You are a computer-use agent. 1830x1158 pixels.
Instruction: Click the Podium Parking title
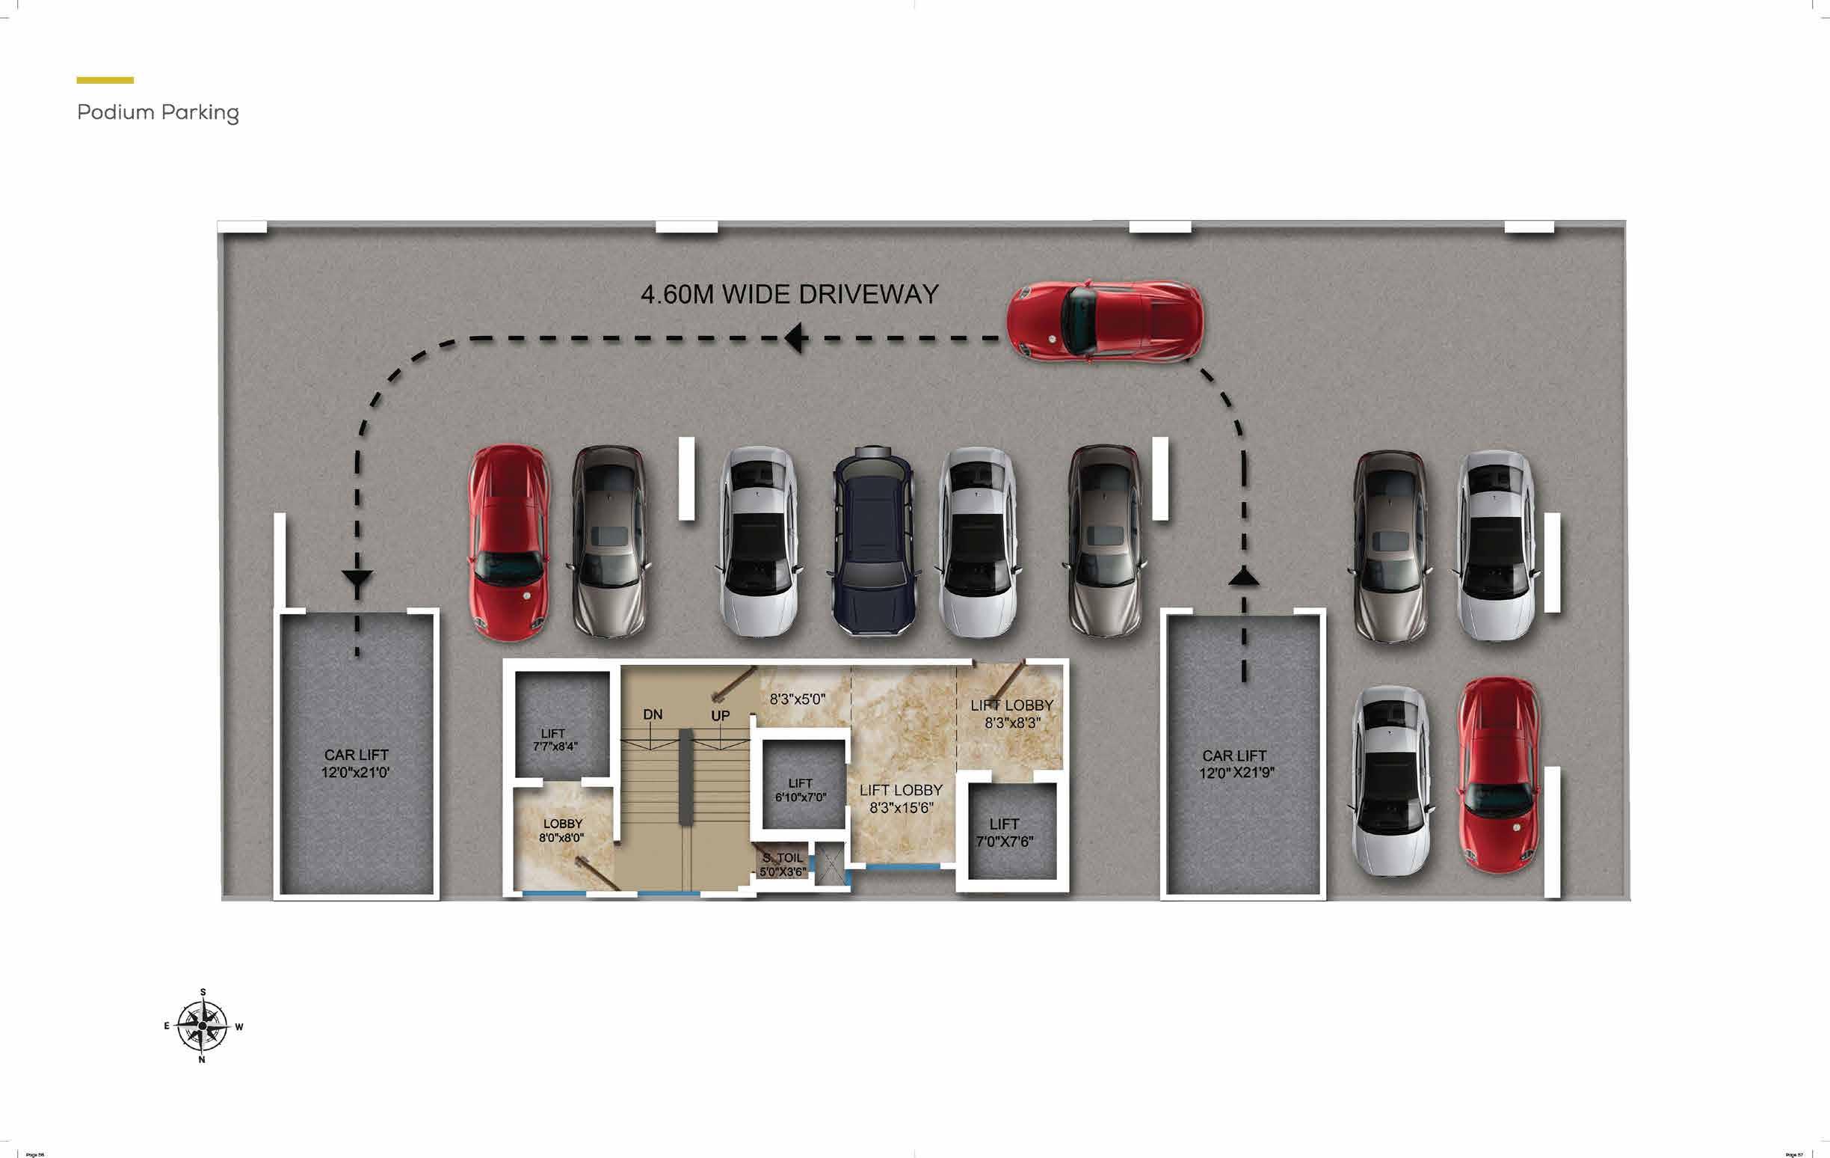pos(158,112)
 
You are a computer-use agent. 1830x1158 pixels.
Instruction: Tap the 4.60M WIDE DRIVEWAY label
pos(789,294)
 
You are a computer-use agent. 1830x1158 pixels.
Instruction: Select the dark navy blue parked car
pos(873,542)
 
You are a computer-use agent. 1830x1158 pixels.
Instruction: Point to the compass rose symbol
pos(202,1026)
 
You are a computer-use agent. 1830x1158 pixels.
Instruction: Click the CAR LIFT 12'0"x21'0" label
pos(356,763)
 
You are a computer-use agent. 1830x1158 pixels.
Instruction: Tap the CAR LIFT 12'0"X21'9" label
pos(1236,764)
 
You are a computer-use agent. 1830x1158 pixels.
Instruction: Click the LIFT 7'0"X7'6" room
pos(1005,833)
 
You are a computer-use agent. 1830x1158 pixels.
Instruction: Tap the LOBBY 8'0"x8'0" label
pos(562,830)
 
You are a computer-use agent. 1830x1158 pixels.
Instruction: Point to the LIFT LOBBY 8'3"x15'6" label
pos(901,798)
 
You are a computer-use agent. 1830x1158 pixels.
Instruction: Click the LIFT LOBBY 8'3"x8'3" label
pos(1011,714)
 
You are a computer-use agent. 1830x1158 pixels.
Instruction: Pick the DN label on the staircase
pos(652,714)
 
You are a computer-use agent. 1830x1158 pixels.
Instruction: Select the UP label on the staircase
pos(720,715)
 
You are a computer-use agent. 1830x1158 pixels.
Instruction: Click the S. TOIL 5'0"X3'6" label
pos(783,865)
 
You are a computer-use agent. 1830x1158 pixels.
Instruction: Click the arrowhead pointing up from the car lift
pos(1243,577)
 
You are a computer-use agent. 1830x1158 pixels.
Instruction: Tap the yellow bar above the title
pos(105,80)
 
